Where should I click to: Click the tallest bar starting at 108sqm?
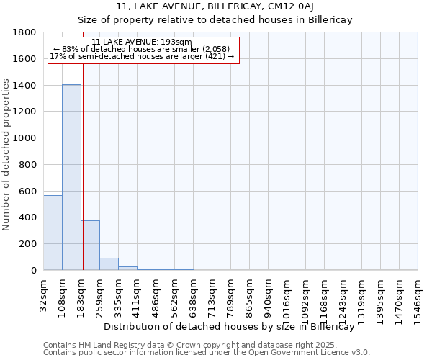(x=71, y=177)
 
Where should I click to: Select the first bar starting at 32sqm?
(x=53, y=233)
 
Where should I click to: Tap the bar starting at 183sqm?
(x=90, y=245)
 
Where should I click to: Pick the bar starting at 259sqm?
(x=109, y=264)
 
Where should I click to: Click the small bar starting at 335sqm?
(x=127, y=268)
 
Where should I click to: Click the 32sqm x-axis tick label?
(x=44, y=293)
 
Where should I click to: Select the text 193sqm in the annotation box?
(x=177, y=42)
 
